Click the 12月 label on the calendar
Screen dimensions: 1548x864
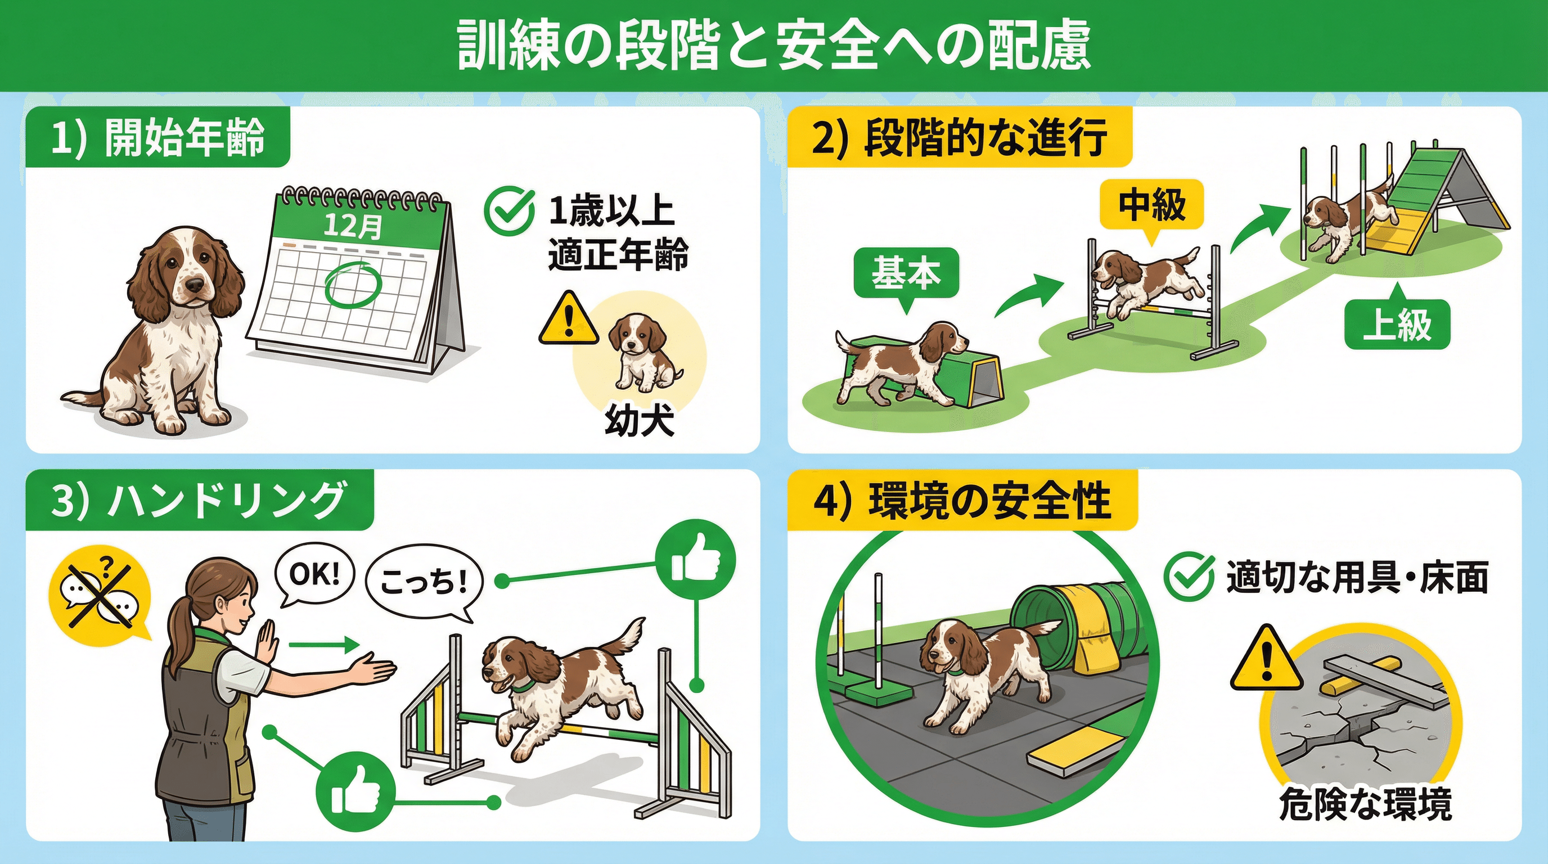[x=352, y=226]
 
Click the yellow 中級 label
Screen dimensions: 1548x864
[x=1151, y=206]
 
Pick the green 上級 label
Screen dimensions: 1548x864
[x=1397, y=325]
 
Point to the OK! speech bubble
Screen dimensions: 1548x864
[x=314, y=577]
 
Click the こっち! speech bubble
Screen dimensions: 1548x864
[x=424, y=582]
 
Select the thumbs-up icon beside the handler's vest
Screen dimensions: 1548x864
[x=355, y=791]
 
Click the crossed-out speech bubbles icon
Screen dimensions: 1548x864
[x=100, y=592]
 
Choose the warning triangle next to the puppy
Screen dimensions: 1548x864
[x=569, y=318]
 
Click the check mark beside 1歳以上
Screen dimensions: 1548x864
[x=509, y=211]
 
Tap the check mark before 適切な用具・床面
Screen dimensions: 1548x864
[x=1188, y=576]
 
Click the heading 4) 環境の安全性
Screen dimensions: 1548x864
[x=961, y=501]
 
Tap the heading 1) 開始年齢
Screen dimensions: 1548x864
[x=157, y=138]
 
